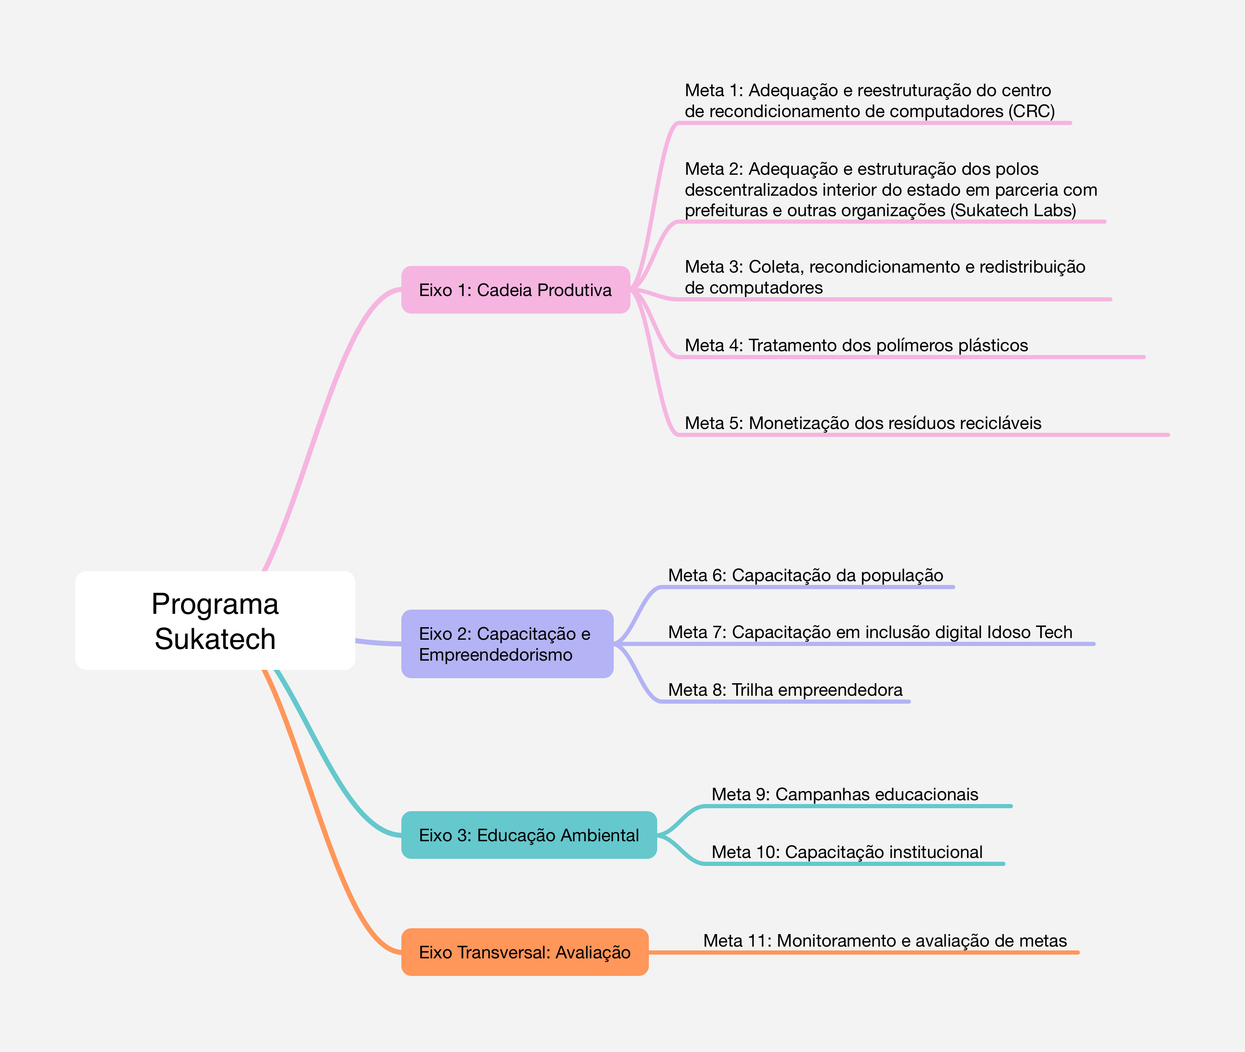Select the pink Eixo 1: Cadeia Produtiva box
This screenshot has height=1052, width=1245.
(515, 290)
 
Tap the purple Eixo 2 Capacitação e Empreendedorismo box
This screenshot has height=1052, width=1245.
(507, 644)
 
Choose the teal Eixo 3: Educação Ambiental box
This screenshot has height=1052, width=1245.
(528, 835)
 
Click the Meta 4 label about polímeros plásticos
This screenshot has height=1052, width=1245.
(856, 345)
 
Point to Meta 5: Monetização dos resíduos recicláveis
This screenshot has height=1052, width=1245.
(863, 423)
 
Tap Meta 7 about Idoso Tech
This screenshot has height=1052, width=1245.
(870, 632)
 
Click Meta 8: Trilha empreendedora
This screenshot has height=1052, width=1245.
(785, 690)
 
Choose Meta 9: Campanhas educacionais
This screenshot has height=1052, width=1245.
(844, 794)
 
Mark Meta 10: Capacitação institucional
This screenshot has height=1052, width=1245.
(847, 852)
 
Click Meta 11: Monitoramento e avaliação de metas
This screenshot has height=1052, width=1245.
(885, 940)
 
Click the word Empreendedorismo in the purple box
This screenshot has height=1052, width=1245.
(495, 655)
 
